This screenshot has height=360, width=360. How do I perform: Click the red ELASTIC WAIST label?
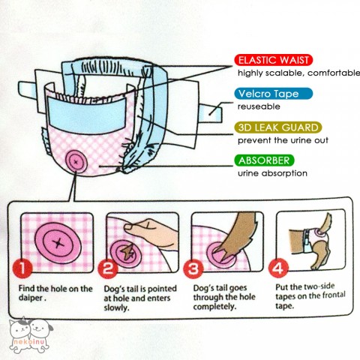(274, 59)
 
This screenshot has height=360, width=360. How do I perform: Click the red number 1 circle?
(25, 266)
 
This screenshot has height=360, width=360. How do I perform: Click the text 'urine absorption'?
(272, 174)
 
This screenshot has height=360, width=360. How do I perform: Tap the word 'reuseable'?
(259, 107)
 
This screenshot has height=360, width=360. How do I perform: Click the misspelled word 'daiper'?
(35, 298)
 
